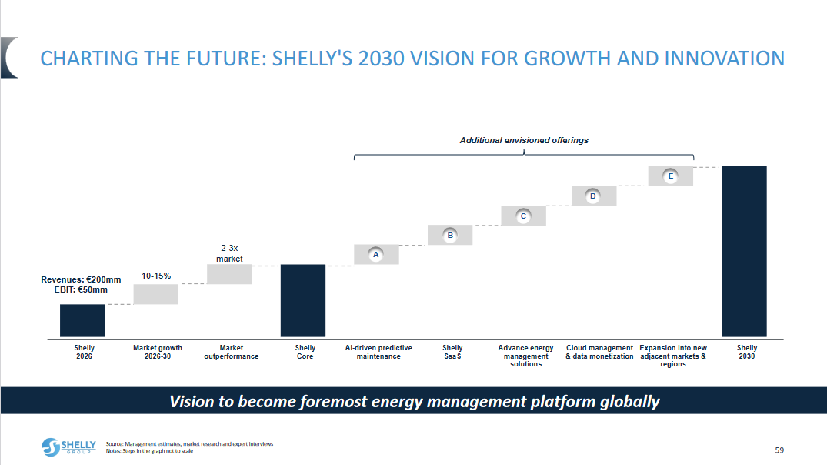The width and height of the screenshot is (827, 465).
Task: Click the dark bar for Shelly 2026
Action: click(x=82, y=320)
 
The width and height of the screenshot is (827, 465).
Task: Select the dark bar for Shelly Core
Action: click(x=303, y=300)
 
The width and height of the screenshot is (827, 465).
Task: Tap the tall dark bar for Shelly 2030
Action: click(x=744, y=251)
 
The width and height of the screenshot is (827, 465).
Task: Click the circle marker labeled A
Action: click(x=375, y=254)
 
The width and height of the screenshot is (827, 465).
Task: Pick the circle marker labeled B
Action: click(x=450, y=235)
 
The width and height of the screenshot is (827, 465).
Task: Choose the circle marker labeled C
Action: click(x=523, y=216)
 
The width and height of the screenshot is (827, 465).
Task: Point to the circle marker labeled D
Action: click(x=593, y=196)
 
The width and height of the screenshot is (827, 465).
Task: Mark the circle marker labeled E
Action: click(x=671, y=176)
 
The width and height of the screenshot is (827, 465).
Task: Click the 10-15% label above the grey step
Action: click(x=156, y=276)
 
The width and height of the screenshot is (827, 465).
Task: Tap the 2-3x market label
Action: click(x=229, y=254)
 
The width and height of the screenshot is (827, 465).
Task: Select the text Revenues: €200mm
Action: click(x=82, y=279)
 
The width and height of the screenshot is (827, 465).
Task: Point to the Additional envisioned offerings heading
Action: click(x=524, y=140)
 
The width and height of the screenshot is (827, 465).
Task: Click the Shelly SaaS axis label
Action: click(x=452, y=352)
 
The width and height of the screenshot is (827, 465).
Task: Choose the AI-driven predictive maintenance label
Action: click(x=378, y=352)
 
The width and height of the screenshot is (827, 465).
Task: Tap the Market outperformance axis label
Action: click(x=231, y=352)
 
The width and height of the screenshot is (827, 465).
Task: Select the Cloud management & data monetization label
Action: click(x=599, y=352)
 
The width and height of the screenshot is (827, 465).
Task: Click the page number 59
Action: click(x=779, y=450)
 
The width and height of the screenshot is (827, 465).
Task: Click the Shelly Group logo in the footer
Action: click(x=69, y=447)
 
